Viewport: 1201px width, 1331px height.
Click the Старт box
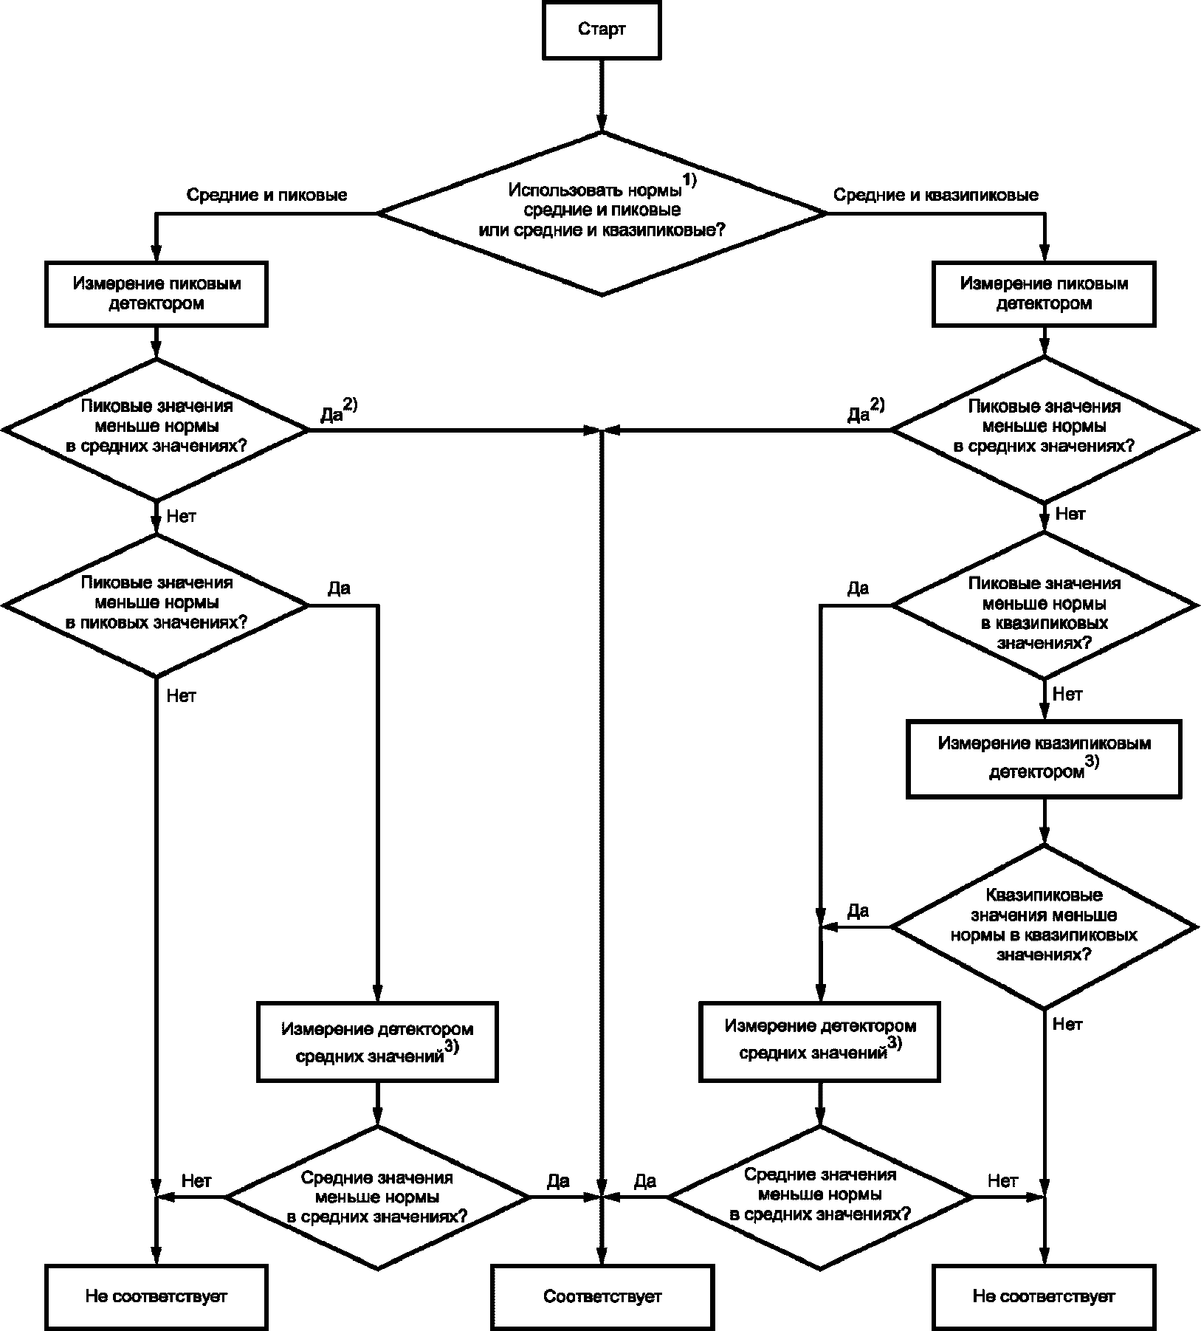pos(602,30)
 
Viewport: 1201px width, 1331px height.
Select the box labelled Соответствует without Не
pos(602,1296)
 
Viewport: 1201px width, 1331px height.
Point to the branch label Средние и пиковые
pos(266,195)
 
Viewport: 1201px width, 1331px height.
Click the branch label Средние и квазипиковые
pos(935,195)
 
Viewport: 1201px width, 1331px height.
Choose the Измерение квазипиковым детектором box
pos(1043,758)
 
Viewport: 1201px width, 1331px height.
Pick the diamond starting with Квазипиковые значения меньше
pos(1043,926)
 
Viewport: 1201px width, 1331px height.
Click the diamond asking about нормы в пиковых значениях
pos(156,604)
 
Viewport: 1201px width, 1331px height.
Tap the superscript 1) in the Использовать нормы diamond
pos(689,179)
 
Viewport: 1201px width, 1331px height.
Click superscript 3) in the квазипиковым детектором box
pos(1091,763)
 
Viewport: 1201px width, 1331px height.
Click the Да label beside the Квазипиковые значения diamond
pos(858,911)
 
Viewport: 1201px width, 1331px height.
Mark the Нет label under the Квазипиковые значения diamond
pos(1067,1024)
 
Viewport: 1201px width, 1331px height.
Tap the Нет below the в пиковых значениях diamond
pos(182,695)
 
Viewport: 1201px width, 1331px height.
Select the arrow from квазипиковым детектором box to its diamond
pos(1043,820)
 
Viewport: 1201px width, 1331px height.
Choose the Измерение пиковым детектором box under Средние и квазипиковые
pos(1043,293)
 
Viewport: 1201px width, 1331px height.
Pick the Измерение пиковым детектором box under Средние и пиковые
pos(156,293)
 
